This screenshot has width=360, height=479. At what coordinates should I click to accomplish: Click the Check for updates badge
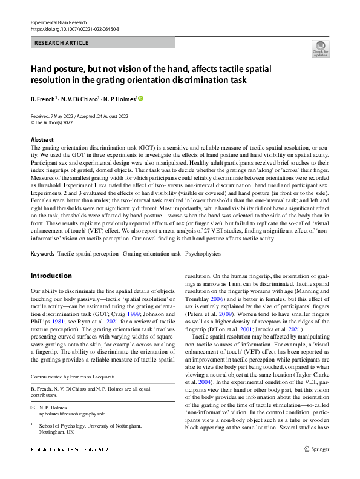tap(319, 48)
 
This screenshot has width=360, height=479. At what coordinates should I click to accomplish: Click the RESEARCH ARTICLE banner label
tap(62, 43)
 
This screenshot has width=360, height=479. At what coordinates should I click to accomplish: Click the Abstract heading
tap(42, 140)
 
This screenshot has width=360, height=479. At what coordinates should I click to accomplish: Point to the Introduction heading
tap(51, 276)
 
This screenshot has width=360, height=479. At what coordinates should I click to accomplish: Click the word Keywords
tap(42, 253)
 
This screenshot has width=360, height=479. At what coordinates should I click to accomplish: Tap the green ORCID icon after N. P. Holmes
tap(142, 98)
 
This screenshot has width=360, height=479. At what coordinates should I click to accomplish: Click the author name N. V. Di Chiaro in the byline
tap(80, 98)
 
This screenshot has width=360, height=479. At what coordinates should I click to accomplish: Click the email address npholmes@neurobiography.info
tap(73, 414)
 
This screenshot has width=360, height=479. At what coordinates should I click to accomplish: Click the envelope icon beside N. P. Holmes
tap(33, 408)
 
